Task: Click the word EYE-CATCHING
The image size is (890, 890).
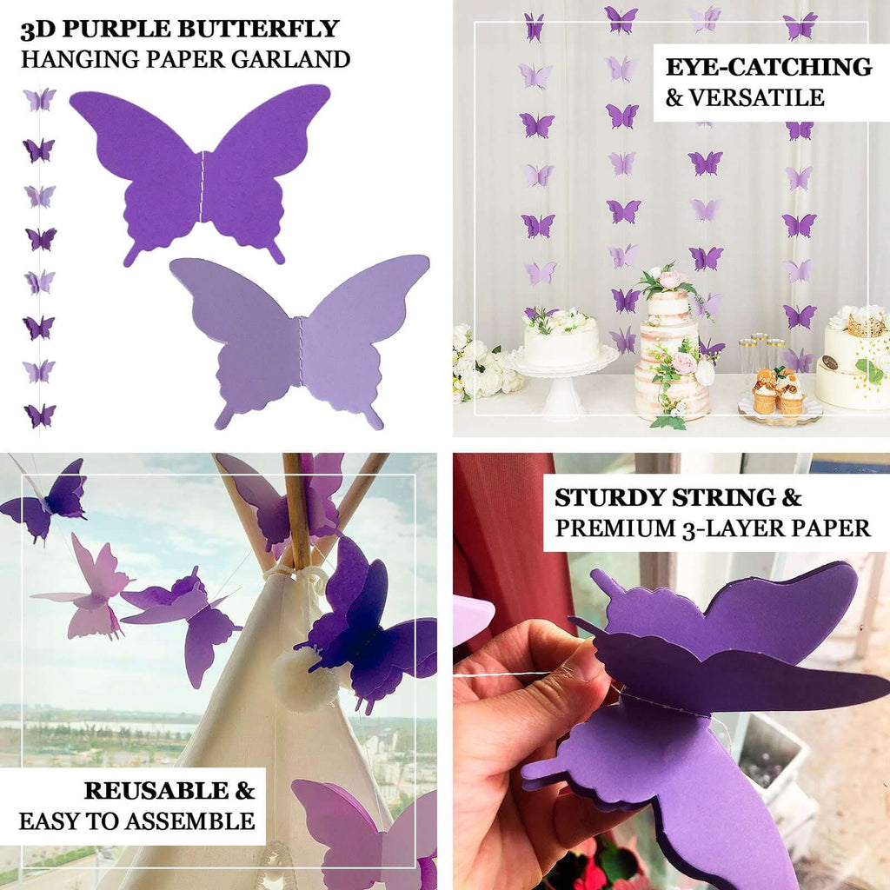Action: tap(768, 67)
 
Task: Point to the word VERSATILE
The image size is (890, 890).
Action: tap(755, 97)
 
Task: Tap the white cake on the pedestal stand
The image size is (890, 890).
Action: tap(561, 342)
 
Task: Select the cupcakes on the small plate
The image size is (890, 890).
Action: tap(778, 393)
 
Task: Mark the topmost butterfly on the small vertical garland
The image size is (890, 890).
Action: tap(39, 99)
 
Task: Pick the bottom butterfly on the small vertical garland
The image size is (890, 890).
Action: tap(39, 415)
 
